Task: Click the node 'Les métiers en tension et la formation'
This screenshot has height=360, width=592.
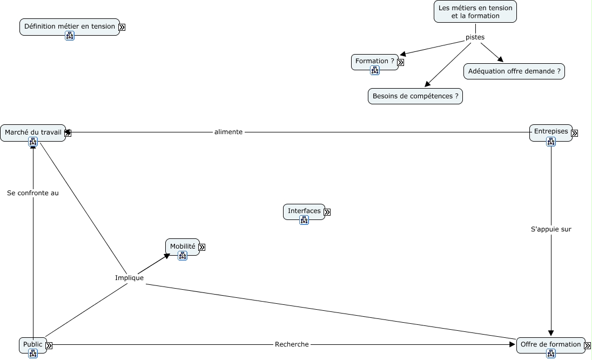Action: point(475,11)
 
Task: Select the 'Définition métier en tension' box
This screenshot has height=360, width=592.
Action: point(69,26)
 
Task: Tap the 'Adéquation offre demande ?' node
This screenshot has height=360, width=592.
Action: point(514,71)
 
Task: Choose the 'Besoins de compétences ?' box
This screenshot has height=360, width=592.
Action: point(415,96)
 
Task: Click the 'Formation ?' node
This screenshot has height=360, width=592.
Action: point(374,61)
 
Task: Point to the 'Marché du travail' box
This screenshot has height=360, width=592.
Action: point(32,132)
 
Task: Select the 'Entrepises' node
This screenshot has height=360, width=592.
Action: point(550,131)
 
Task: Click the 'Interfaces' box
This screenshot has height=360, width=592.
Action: point(304,211)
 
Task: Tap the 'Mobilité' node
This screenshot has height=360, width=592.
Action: point(182,246)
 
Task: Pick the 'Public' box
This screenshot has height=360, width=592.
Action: point(32,344)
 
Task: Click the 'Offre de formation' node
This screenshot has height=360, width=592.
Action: point(550,344)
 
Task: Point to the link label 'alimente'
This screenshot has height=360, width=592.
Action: point(228,132)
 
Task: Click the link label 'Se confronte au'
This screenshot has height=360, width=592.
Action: point(33,192)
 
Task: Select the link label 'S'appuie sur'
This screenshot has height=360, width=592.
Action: point(551,229)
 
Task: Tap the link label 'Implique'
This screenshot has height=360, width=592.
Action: point(129,278)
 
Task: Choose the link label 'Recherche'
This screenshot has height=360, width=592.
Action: point(292,344)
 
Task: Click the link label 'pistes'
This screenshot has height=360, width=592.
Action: point(475,37)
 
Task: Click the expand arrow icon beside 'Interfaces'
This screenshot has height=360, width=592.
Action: point(327,212)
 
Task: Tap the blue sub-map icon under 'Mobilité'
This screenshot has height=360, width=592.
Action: point(182,256)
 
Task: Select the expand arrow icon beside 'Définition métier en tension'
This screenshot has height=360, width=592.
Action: point(122,27)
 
